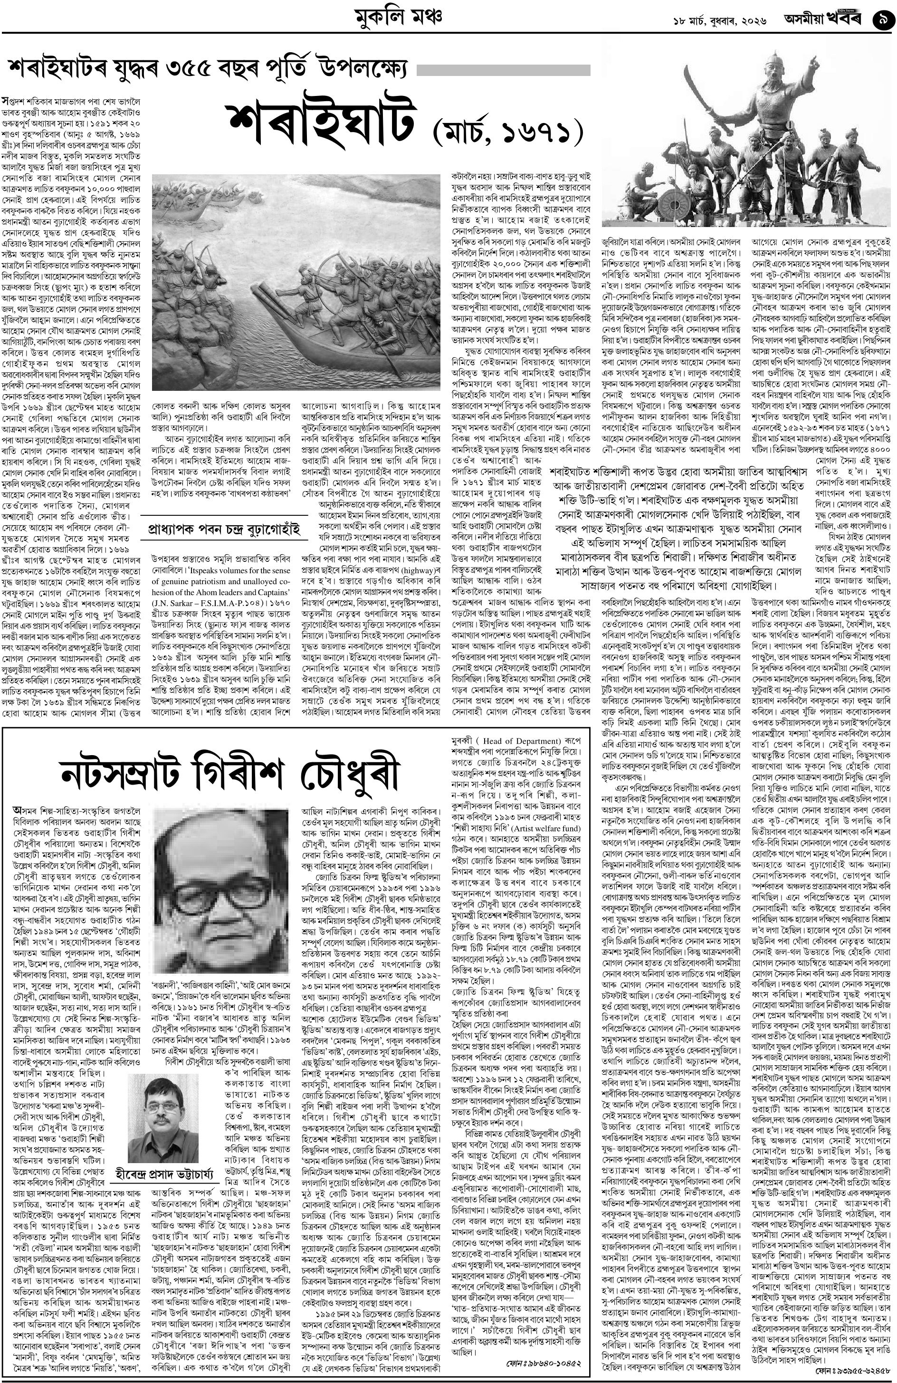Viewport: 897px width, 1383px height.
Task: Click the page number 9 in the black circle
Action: click(x=882, y=21)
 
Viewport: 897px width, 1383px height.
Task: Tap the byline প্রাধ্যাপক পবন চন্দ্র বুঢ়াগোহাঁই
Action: click(x=223, y=530)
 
